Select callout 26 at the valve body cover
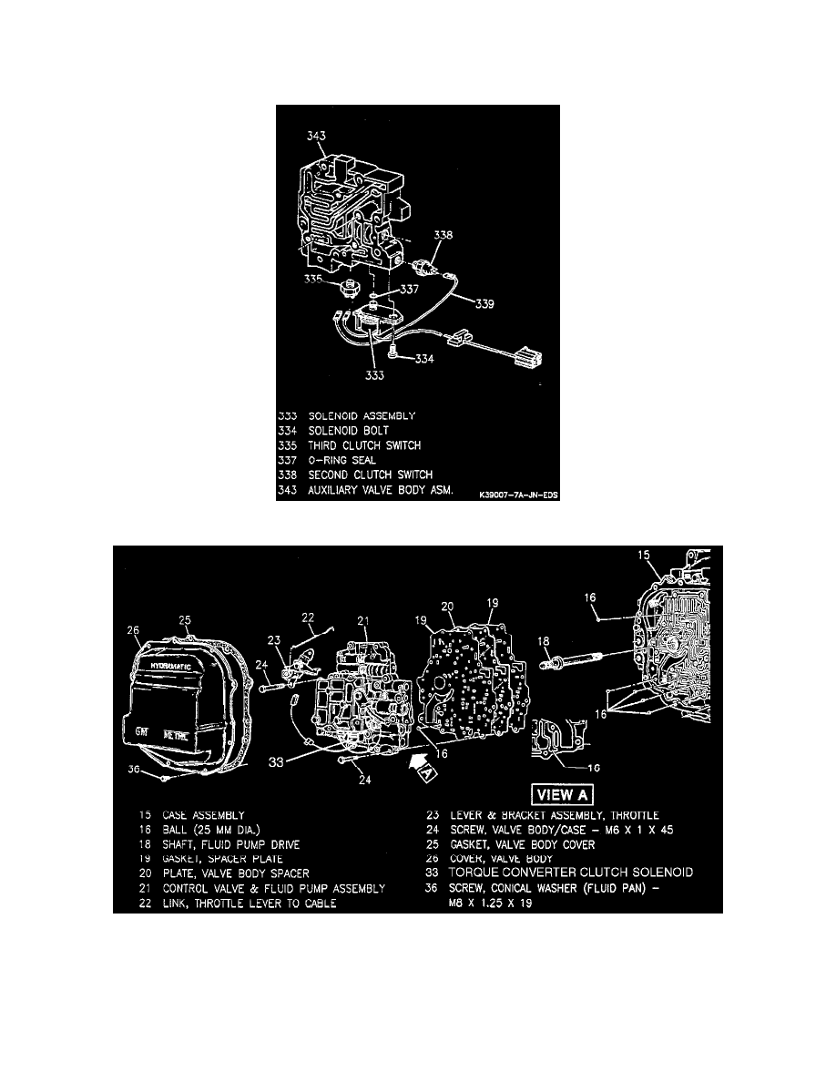[135, 629]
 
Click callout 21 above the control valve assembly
[364, 621]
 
